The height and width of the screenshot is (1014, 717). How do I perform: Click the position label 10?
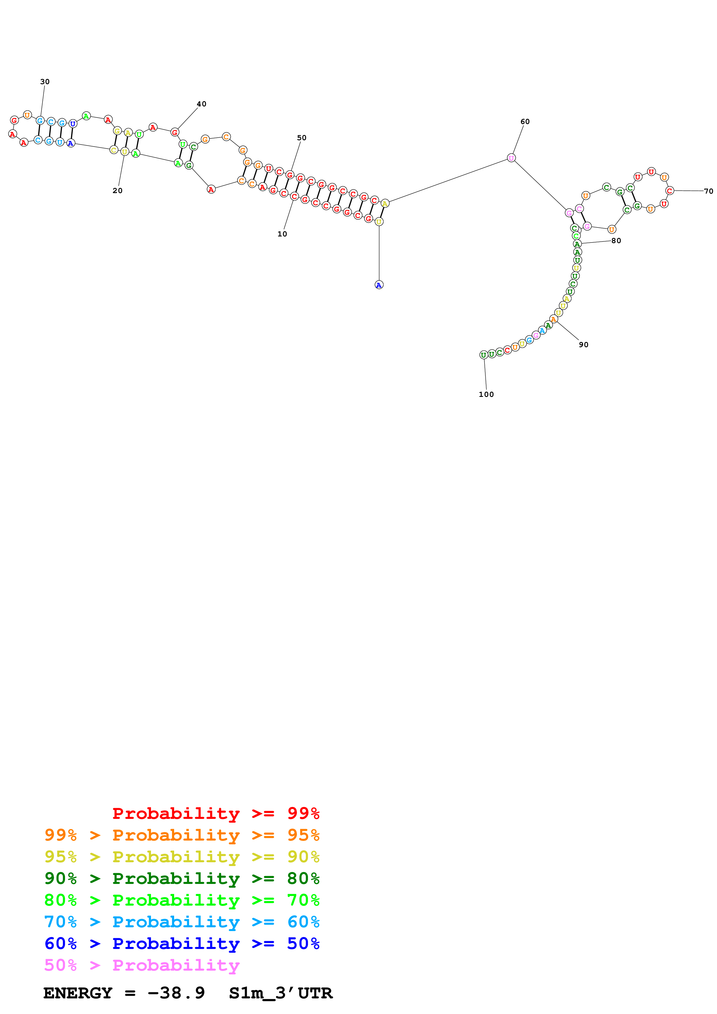click(282, 234)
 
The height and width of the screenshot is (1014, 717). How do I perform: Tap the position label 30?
click(45, 82)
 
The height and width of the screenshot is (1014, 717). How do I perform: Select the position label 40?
click(202, 104)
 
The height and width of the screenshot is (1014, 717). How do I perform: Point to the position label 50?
click(302, 138)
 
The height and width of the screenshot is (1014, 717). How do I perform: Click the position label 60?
click(525, 121)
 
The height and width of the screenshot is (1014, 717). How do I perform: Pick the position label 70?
click(708, 191)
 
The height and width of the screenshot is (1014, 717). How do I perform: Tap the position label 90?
click(584, 345)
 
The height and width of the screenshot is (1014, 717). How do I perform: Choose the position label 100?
click(486, 394)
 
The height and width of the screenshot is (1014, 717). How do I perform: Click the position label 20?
click(117, 191)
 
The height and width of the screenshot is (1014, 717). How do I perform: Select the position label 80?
click(616, 241)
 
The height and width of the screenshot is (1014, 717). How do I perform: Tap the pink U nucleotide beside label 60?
click(511, 158)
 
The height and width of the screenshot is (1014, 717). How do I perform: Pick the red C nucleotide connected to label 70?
click(670, 191)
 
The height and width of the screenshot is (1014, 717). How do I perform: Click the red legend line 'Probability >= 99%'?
click(215, 813)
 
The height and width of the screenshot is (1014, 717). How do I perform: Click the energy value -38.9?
click(176, 993)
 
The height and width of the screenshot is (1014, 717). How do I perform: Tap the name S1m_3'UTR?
click(281, 993)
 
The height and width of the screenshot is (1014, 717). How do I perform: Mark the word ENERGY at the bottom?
click(78, 993)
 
